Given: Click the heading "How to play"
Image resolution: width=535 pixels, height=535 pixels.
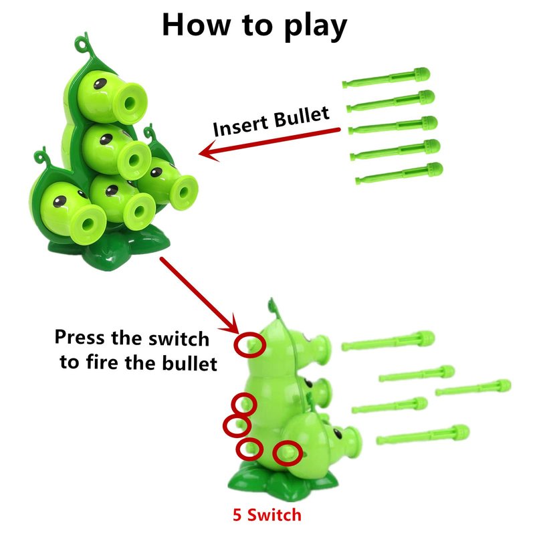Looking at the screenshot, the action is (x=255, y=26).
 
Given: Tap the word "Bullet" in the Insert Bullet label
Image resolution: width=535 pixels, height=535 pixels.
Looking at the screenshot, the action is (x=302, y=117).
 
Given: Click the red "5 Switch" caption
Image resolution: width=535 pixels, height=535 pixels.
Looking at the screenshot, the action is (x=267, y=514).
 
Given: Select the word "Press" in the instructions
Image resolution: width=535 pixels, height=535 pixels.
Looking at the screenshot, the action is (x=80, y=338).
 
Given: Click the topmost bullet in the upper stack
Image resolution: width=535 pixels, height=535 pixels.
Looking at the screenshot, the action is (x=386, y=78).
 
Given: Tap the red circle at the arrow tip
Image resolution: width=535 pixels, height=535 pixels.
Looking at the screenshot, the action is (x=249, y=344).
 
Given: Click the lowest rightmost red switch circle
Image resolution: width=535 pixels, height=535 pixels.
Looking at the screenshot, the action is (x=288, y=453).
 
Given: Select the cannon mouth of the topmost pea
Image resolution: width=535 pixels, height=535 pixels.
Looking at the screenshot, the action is (x=130, y=103).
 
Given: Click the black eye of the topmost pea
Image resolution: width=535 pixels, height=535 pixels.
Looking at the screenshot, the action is (x=100, y=84).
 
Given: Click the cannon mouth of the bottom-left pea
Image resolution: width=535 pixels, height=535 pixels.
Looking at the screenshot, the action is (x=88, y=223).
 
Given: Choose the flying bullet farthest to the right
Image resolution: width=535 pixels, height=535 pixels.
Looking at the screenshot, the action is (x=473, y=388).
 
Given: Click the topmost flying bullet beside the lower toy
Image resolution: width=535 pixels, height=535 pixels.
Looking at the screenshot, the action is (x=388, y=340).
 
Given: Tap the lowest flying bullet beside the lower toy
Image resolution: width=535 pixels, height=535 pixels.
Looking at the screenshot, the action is (x=423, y=435).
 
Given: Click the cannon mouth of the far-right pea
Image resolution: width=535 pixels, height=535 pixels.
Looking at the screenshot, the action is (x=185, y=192).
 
